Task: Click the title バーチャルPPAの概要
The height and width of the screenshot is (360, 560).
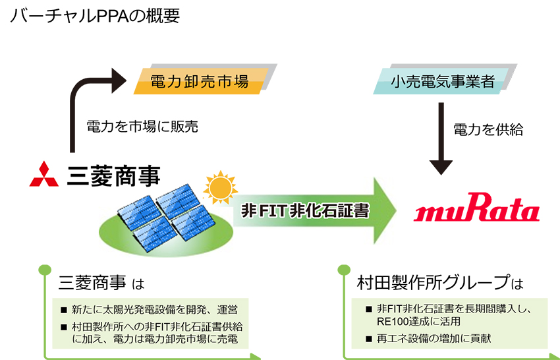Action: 95,16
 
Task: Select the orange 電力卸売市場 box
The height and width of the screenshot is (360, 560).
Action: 200,81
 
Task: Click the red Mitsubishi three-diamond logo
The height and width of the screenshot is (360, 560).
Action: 44,174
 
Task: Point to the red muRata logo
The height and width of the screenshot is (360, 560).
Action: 477,207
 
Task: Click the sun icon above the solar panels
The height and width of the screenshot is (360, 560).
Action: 220,187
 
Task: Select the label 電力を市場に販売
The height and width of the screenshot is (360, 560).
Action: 142,127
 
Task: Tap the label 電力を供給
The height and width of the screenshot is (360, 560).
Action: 488,129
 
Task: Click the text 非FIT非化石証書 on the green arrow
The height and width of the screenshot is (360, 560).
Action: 305,210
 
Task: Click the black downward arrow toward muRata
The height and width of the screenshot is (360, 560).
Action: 441,138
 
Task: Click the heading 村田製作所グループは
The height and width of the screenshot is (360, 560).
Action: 440,283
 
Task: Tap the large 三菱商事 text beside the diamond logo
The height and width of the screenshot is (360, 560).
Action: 113,175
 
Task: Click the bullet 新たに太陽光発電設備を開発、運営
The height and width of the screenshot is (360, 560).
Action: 154,310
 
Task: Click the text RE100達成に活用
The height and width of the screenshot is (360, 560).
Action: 418,321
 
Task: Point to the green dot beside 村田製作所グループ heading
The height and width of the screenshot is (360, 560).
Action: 343,270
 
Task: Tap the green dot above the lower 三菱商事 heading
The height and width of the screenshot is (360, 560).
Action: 45,270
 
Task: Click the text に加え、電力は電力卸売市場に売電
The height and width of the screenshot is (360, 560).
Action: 155,338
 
